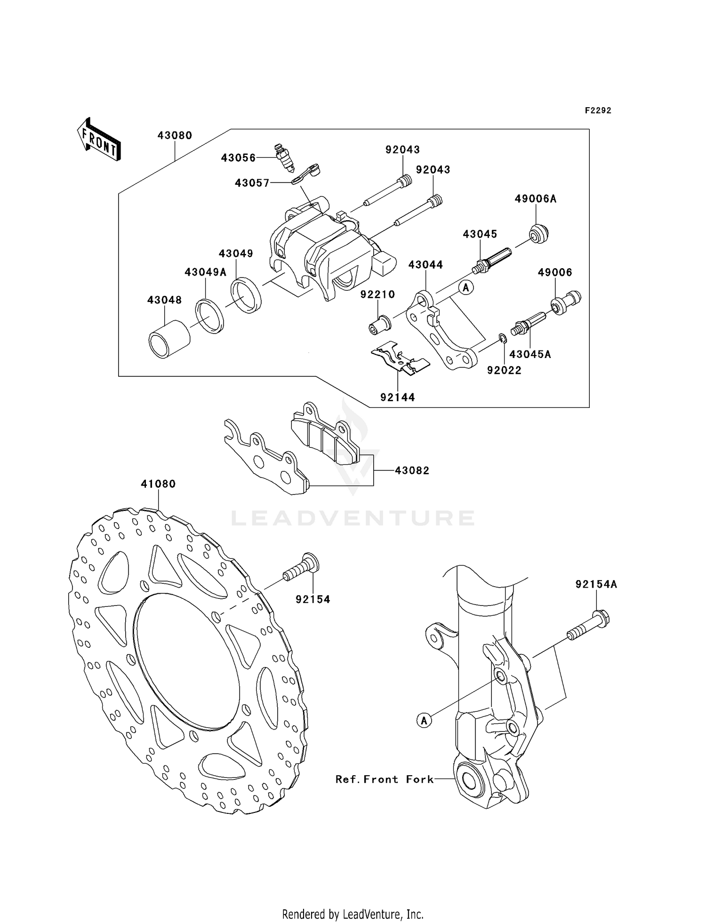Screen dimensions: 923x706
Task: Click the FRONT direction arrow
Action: pos(99,140)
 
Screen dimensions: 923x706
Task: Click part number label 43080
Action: pos(175,135)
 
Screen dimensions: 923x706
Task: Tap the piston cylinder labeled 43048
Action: pos(168,339)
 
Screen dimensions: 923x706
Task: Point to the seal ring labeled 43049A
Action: pos(210,316)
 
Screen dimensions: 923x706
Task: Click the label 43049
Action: pos(236,254)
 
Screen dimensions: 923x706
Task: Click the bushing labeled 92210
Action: pos(379,325)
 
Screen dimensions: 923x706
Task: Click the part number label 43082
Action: pos(412,470)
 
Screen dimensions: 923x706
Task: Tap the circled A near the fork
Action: pos(424,720)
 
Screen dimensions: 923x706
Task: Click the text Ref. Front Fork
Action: pos(384,780)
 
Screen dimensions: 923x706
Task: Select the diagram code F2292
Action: pos(598,111)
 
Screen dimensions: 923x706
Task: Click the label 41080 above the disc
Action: pos(158,484)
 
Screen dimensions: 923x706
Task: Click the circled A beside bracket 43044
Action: pos(466,287)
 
